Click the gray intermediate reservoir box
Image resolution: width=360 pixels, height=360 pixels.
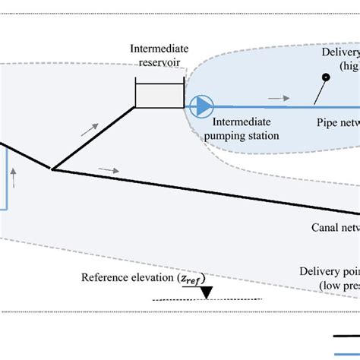point(159,93)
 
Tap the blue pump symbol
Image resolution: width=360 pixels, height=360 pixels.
point(201,106)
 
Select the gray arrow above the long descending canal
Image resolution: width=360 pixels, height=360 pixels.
point(109,170)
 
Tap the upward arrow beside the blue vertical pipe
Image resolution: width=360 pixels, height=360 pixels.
point(14,179)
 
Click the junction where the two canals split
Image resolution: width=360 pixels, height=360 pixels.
point(52,169)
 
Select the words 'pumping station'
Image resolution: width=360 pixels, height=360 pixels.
point(246,136)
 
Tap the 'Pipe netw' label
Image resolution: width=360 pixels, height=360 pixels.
point(338,122)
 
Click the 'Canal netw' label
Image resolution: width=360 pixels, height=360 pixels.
point(335,227)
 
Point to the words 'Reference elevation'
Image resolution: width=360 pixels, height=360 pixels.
point(128,277)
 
